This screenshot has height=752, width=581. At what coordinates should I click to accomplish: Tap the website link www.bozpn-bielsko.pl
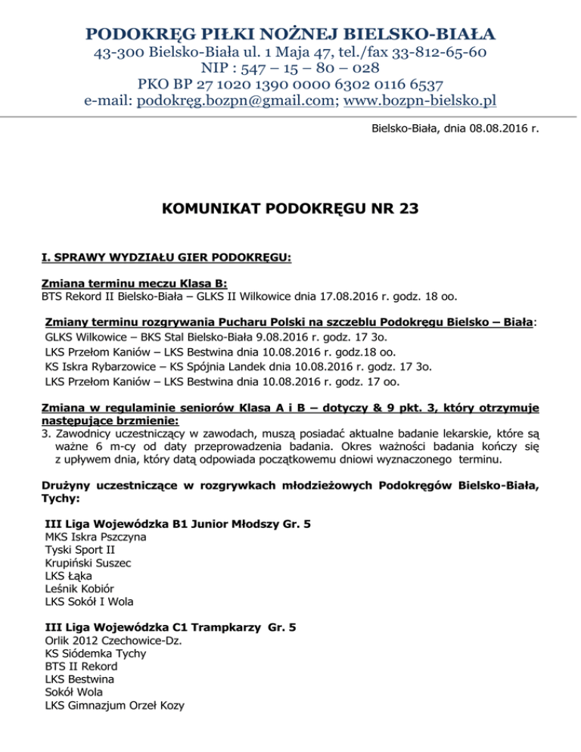420,101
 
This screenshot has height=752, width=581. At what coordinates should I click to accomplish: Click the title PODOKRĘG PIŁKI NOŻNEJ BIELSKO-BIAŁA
290,33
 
